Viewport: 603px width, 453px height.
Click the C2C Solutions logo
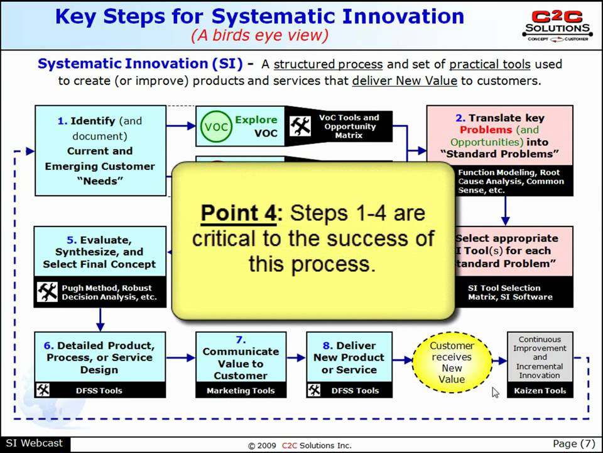[x=557, y=25]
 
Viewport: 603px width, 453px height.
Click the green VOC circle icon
[x=214, y=126]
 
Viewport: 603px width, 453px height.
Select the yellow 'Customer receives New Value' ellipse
[x=452, y=362]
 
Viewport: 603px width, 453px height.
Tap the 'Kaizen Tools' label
[x=540, y=391]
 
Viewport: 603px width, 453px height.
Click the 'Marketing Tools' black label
[x=241, y=391]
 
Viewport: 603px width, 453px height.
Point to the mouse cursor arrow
[x=495, y=392]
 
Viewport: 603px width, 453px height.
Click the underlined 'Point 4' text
[x=238, y=213]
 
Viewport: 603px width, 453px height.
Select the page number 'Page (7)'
[x=574, y=443]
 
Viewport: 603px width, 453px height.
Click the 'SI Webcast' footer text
[x=34, y=443]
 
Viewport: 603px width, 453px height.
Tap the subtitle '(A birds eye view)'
[x=259, y=35]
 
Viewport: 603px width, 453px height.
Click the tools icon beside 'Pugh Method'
[x=47, y=292]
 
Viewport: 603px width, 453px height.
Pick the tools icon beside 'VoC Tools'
[x=300, y=126]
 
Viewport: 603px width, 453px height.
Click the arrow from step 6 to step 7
[x=180, y=359]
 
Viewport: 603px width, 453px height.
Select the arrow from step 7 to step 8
[x=295, y=359]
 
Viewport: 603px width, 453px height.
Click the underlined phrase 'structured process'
[x=328, y=64]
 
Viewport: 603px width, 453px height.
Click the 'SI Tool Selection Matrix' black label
[x=509, y=293]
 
